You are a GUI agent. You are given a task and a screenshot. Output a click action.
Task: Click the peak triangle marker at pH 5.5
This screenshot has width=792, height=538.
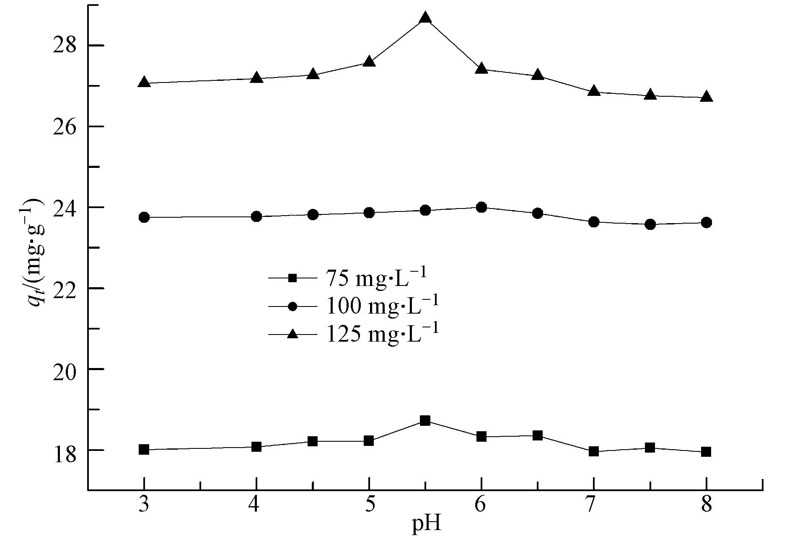(x=425, y=18)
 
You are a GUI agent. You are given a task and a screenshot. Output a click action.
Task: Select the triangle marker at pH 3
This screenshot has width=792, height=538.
(x=144, y=82)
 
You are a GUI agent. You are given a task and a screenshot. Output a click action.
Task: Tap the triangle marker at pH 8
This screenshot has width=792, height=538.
(x=706, y=97)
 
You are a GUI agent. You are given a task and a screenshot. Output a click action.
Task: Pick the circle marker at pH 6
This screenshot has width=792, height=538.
(x=481, y=207)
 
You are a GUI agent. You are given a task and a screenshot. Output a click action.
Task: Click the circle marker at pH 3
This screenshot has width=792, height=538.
(x=144, y=217)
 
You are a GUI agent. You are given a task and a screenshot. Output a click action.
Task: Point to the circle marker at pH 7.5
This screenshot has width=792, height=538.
(x=650, y=224)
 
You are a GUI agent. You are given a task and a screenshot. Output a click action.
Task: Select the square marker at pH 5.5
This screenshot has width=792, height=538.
(x=425, y=421)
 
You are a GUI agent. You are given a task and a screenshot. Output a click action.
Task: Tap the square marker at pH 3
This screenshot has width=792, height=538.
(x=144, y=450)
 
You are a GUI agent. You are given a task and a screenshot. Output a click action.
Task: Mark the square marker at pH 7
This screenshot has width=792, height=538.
(x=594, y=451)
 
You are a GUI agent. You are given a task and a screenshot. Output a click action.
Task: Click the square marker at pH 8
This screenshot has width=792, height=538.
(x=706, y=452)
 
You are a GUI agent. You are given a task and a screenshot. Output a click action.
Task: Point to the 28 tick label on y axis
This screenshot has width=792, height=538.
(x=63, y=46)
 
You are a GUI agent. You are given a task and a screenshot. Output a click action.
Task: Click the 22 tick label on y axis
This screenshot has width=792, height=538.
(x=63, y=288)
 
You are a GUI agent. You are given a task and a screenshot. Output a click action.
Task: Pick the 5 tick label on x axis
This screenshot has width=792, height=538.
(x=369, y=505)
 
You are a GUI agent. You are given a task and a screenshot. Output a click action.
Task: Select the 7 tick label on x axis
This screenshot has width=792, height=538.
(x=594, y=505)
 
